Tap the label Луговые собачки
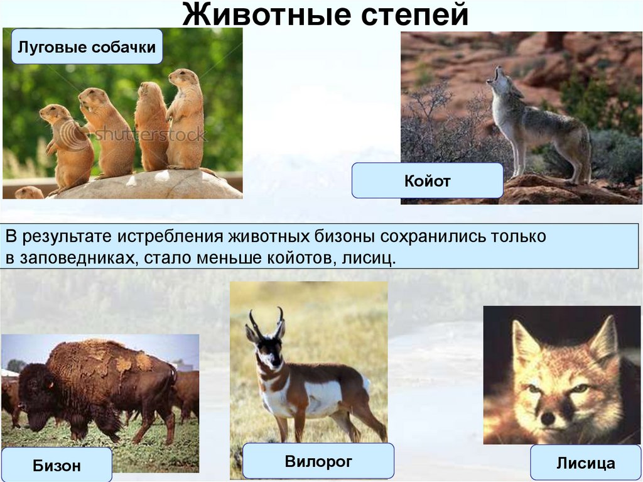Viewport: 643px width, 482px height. (87, 47)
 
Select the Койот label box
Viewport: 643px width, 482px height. (427, 181)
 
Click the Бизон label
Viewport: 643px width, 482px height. (57, 465)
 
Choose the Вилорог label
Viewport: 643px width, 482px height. (318, 461)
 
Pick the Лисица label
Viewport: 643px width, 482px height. (585, 463)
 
